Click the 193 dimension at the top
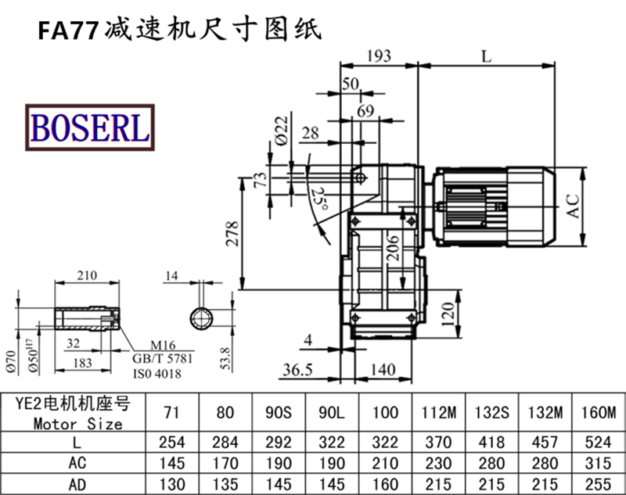click(380, 56)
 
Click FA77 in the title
click(67, 30)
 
